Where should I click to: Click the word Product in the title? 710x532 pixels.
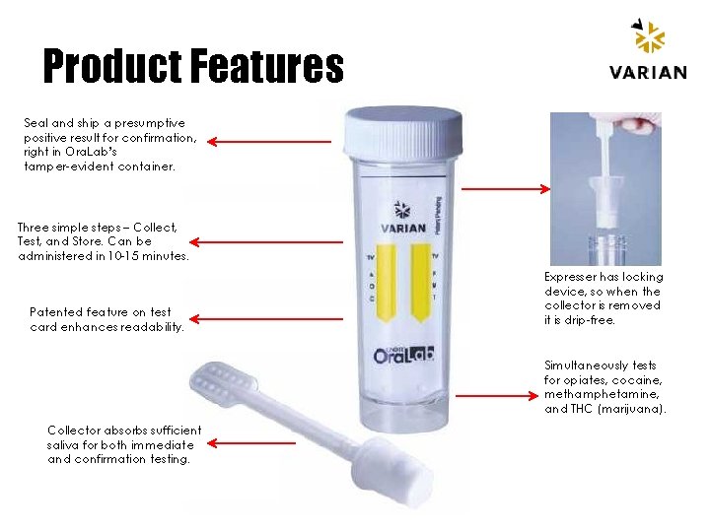tap(111, 67)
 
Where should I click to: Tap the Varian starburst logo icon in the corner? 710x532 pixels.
tap(648, 37)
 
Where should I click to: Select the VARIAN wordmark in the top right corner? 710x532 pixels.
tap(648, 72)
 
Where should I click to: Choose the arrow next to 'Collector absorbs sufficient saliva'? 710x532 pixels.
tap(252, 442)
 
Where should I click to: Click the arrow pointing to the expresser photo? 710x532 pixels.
tap(503, 188)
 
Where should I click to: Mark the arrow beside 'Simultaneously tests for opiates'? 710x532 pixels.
tap(503, 395)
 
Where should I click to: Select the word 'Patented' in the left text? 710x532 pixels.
tap(55, 312)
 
